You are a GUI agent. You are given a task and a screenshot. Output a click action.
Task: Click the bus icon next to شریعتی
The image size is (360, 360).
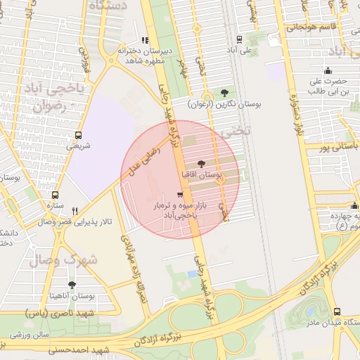[x=77, y=135]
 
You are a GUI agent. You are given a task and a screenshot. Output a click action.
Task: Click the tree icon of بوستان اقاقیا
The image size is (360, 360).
[x=203, y=162]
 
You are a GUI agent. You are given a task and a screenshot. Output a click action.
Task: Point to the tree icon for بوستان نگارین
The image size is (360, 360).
[x=224, y=92]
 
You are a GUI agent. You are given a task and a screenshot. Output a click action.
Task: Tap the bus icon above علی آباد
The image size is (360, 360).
[x=240, y=39]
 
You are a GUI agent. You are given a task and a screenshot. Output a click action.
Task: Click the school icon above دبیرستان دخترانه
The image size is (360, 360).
[x=145, y=40]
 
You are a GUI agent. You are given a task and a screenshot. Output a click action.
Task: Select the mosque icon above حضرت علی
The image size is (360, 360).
[x=327, y=70]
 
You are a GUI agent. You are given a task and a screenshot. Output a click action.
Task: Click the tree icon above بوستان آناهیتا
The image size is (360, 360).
[x=72, y=284]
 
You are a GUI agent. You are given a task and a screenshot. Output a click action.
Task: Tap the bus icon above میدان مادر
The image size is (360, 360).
[x=337, y=311]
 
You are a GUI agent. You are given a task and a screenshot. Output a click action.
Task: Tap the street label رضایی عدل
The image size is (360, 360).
[x=141, y=160]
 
